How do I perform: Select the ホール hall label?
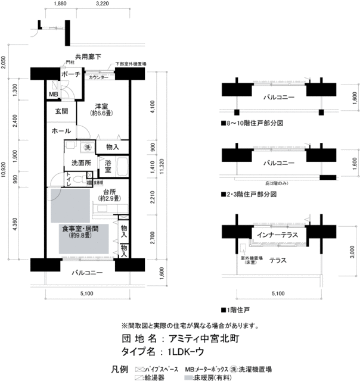click(x=61, y=131)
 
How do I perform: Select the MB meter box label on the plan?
click(x=53, y=94)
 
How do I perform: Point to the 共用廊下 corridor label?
click(x=83, y=57)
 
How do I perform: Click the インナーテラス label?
click(x=275, y=235)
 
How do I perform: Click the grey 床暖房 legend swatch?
click(x=188, y=377)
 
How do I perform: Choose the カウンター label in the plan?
click(x=98, y=78)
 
